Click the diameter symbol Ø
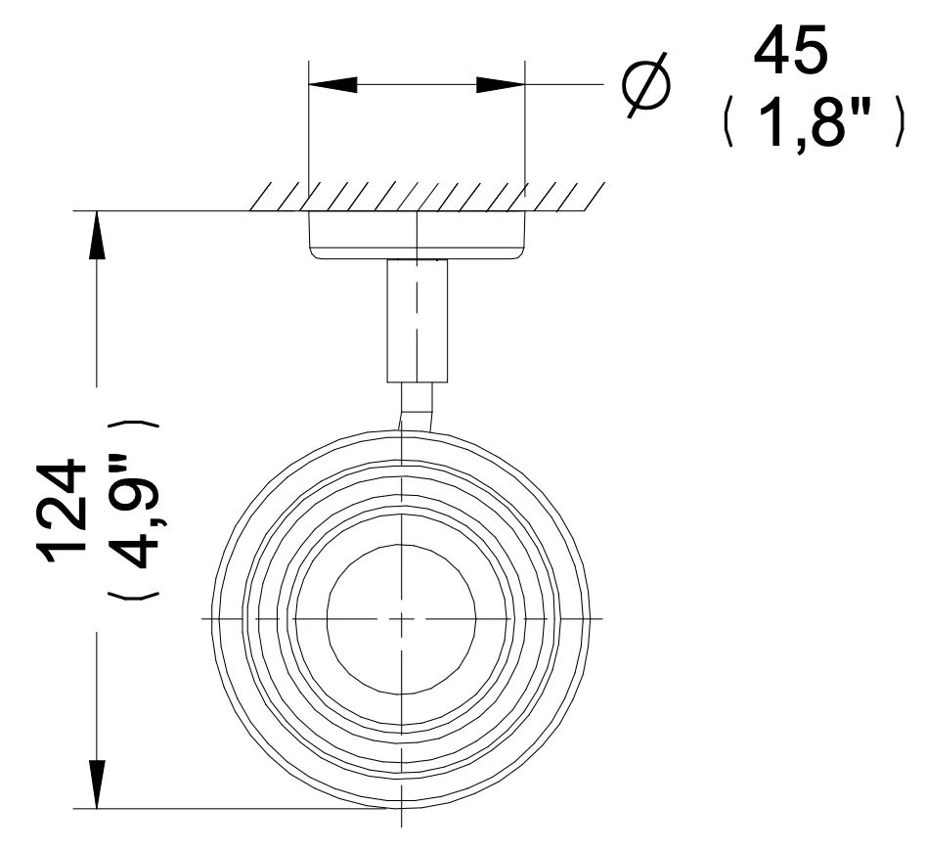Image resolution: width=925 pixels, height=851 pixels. [647, 84]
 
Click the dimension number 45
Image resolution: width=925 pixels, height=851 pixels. [790, 52]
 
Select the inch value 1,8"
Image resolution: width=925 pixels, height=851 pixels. [815, 122]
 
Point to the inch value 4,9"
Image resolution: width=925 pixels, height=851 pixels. [135, 511]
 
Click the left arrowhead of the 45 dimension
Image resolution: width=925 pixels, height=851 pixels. [332, 84]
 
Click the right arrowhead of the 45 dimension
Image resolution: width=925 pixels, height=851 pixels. [501, 84]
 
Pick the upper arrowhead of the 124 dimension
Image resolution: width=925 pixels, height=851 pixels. [97, 235]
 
